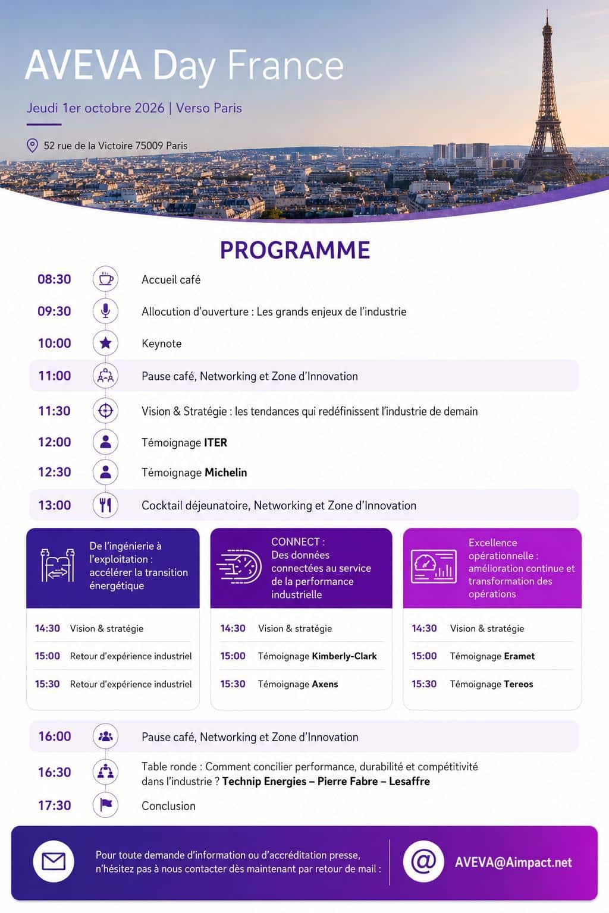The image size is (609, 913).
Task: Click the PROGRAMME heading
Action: click(295, 250)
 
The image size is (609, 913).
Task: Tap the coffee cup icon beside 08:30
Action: click(106, 279)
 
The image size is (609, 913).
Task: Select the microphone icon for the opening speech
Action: click(106, 311)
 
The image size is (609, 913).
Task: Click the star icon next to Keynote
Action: click(106, 343)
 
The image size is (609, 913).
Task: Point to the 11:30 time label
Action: click(54, 411)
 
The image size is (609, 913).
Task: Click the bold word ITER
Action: click(215, 443)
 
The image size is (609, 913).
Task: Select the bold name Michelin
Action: click(225, 473)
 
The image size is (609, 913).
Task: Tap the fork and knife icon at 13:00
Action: click(106, 505)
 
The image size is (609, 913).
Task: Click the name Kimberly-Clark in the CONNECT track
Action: click(344, 656)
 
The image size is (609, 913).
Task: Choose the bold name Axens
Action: click(325, 684)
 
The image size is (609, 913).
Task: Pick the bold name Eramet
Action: click(519, 656)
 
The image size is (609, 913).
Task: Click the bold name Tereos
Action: click(519, 684)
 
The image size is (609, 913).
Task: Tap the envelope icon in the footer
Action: click(54, 862)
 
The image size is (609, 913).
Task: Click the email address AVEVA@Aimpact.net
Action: click(513, 862)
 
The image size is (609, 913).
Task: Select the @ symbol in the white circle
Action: click(423, 861)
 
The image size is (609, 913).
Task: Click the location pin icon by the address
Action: click(32, 146)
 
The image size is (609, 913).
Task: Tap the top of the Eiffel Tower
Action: click(547, 10)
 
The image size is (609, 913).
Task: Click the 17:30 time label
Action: click(55, 805)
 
